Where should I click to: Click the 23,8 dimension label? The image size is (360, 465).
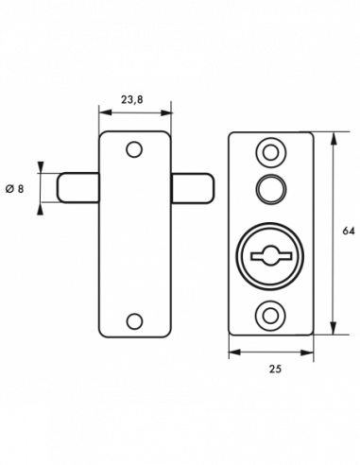(x=132, y=99)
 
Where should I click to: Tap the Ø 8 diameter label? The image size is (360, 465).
(x=15, y=189)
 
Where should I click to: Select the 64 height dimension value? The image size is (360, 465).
(x=349, y=231)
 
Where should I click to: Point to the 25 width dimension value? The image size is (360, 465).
(x=275, y=369)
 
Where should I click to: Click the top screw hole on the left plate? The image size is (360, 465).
(x=134, y=149)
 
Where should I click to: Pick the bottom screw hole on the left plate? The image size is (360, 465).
(x=134, y=321)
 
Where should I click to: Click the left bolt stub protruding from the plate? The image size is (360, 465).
(x=78, y=188)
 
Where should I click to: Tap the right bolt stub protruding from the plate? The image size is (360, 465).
(x=193, y=188)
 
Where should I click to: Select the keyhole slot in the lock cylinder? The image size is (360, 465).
(x=270, y=255)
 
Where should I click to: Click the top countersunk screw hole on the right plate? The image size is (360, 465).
(x=270, y=153)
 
